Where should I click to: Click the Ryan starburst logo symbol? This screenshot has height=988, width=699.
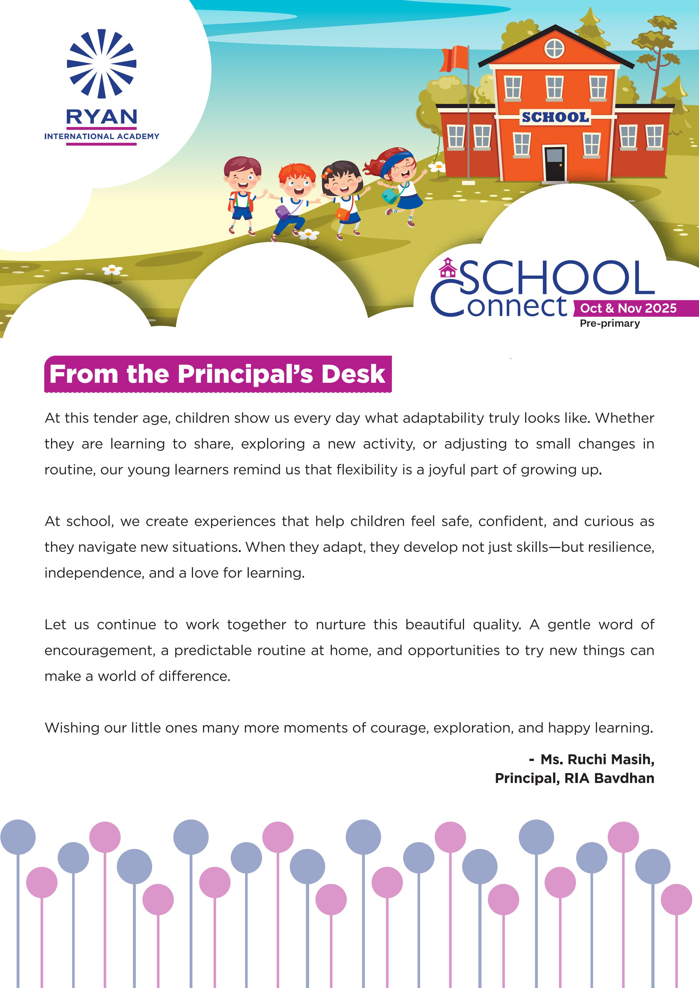102,64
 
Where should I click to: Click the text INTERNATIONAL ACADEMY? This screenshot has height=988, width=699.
102,136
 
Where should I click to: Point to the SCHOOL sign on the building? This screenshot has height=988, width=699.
555,117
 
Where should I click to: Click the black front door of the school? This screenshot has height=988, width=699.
554,164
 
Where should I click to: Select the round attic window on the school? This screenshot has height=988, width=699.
554,48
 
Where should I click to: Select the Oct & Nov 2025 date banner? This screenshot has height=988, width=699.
628,308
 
